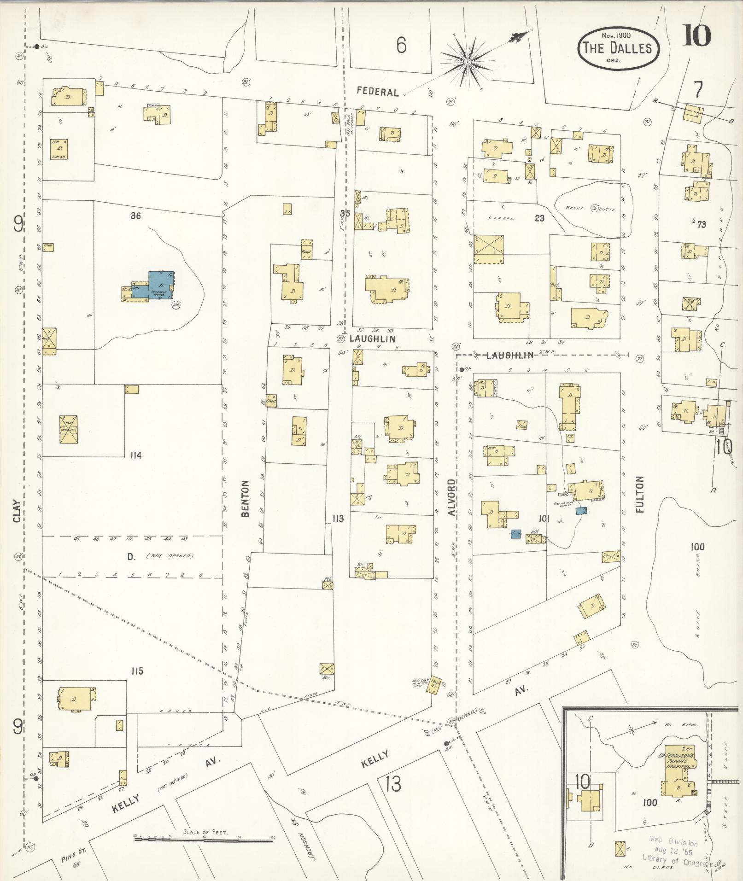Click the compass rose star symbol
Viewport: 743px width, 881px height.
coord(467,61)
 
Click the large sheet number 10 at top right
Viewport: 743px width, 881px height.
coord(696,36)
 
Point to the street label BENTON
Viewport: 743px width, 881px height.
coord(245,498)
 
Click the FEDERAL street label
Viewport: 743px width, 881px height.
coord(378,92)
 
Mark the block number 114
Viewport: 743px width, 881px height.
coord(135,455)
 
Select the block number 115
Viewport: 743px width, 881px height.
coord(136,671)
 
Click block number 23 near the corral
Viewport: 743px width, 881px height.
coord(539,218)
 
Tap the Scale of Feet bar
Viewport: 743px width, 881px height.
coord(204,839)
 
